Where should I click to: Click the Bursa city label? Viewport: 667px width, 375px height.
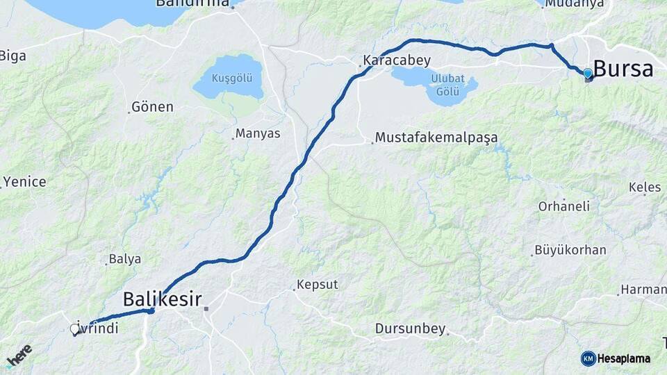tap(623, 69)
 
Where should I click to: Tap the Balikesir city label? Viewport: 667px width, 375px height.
tap(163, 299)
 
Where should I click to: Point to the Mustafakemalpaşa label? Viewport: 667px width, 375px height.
tap(436, 137)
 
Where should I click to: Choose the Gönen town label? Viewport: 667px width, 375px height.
tap(152, 107)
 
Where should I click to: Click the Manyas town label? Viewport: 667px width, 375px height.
tap(258, 133)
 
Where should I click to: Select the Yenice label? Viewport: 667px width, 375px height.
tap(24, 182)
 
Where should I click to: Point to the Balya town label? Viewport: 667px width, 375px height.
tap(125, 259)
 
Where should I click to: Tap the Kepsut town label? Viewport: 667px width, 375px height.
tap(317, 285)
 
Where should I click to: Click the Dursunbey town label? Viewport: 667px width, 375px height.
tap(410, 328)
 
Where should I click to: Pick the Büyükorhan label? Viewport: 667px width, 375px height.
tap(570, 250)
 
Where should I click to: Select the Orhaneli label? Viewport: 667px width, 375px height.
tap(564, 206)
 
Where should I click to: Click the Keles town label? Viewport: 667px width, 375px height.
tap(644, 187)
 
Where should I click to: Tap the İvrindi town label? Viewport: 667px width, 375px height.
tap(97, 326)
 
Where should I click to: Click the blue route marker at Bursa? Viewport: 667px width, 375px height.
tap(588, 73)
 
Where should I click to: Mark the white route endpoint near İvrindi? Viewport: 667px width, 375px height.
tap(74, 329)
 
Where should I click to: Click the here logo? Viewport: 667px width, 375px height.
tap(19, 355)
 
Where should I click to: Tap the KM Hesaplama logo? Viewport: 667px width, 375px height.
tap(616, 358)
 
